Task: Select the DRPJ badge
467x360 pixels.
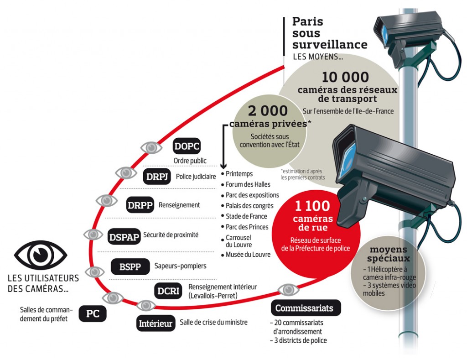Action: [x=157, y=177]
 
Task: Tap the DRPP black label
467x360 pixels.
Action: [x=140, y=205]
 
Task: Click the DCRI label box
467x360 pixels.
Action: [x=168, y=291]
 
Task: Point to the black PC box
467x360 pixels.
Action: [x=93, y=313]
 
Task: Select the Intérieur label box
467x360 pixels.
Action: [x=156, y=323]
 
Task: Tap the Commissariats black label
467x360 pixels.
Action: [x=304, y=308]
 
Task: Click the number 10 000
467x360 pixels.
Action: [x=345, y=77]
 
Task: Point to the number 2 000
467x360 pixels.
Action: [x=268, y=111]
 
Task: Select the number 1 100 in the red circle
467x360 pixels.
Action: [x=313, y=206]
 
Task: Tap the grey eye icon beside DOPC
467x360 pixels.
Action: [x=151, y=147]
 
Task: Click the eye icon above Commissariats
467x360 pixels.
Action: [x=288, y=289]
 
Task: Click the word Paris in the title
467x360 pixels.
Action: [x=307, y=21]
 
